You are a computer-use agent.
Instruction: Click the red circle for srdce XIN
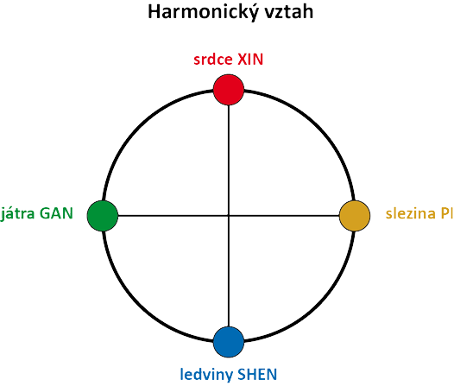(229, 90)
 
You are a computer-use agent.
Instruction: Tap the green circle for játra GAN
(103, 216)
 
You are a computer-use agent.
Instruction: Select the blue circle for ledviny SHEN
(229, 342)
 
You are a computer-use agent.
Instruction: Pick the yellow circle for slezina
(355, 216)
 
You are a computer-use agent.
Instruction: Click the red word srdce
(213, 60)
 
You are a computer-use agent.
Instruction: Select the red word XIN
(250, 60)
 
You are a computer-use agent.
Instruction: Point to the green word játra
(17, 213)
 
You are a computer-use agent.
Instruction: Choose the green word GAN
(56, 213)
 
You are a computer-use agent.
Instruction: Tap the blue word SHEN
(257, 374)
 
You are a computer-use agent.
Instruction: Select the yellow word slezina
(411, 213)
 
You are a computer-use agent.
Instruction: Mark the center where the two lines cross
(229, 216)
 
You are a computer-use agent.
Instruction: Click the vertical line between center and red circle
(229, 161)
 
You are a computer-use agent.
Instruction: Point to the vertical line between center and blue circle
(229, 271)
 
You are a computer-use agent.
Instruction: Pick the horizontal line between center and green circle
(173, 216)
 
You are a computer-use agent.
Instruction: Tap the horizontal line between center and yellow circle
(284, 216)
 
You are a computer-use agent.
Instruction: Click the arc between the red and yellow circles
(318, 127)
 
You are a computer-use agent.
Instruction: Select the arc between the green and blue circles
(139, 305)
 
